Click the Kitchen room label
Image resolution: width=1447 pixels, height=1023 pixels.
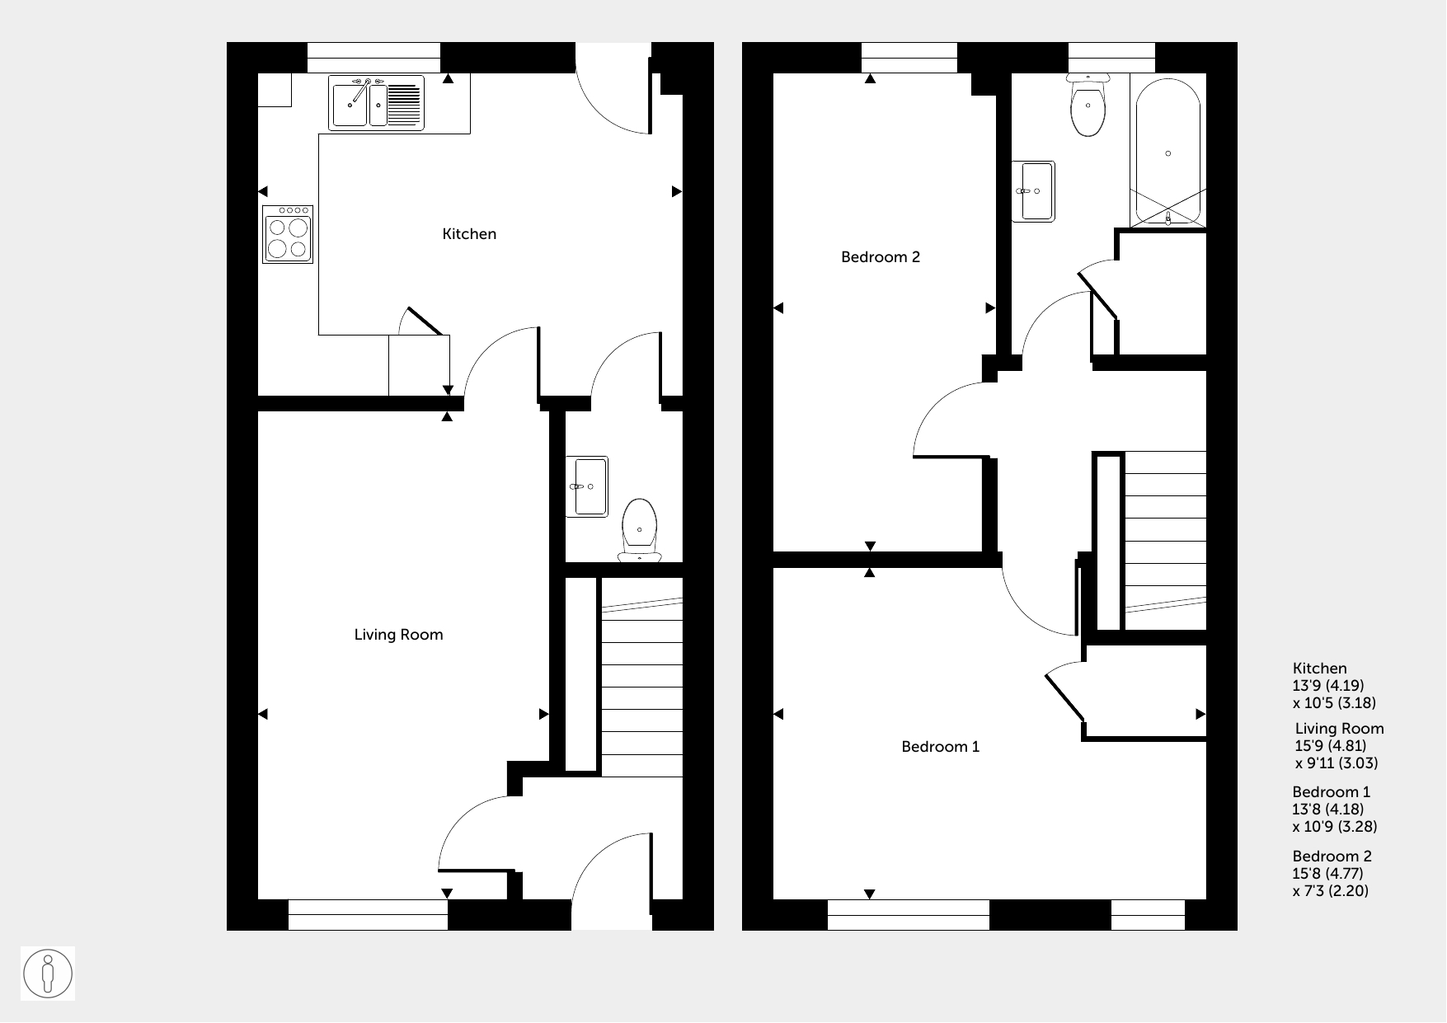[x=469, y=234]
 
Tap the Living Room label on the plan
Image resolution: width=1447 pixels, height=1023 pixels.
[x=398, y=635]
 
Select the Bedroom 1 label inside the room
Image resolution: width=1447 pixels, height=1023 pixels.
[x=940, y=747]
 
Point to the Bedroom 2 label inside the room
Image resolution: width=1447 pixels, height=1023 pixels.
[x=880, y=257]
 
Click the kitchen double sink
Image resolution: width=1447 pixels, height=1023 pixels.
[x=377, y=103]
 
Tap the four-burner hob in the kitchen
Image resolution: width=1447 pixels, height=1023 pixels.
[x=288, y=235]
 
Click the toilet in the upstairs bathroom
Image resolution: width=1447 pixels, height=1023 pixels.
[x=1088, y=105]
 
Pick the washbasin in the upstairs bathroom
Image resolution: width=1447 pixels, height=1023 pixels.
[x=1034, y=191]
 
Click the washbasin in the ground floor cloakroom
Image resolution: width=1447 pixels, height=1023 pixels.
[x=586, y=486]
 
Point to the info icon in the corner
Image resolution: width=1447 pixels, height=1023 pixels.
[x=48, y=974]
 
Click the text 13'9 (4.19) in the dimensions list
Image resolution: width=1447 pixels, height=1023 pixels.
[x=1328, y=686]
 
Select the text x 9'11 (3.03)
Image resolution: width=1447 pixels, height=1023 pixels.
[x=1337, y=763]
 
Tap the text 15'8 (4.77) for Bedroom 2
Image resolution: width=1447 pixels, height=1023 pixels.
[x=1327, y=874]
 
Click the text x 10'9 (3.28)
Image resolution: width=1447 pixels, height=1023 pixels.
[x=1335, y=827]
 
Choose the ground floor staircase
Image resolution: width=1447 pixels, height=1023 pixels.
[x=642, y=678]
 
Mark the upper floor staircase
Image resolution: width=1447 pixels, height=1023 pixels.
[x=1165, y=541]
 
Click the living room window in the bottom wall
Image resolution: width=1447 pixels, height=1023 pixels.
[x=368, y=915]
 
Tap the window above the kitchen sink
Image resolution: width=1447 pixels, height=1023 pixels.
[x=374, y=58]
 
